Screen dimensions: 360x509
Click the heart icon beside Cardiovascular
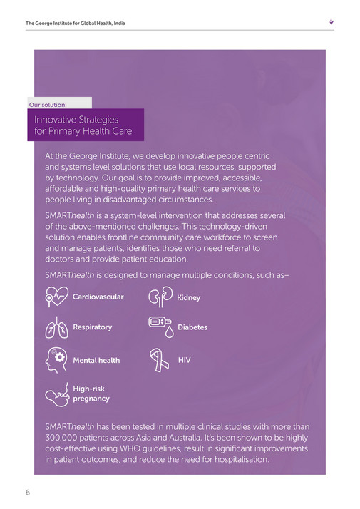[57, 296]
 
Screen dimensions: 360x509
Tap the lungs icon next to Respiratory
[55, 327]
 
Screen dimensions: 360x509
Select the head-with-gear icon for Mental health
[56, 359]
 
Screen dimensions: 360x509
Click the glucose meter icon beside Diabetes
[160, 327]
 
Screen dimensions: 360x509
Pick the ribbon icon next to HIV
[160, 361]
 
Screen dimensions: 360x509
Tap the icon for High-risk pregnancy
[57, 394]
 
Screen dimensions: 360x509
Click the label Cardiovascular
[98, 297]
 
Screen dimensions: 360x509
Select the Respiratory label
[93, 327]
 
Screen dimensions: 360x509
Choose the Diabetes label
[192, 328]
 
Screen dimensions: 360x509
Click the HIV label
[184, 361]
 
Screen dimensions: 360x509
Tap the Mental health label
[96, 361]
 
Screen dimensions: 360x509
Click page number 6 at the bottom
[28, 493]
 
